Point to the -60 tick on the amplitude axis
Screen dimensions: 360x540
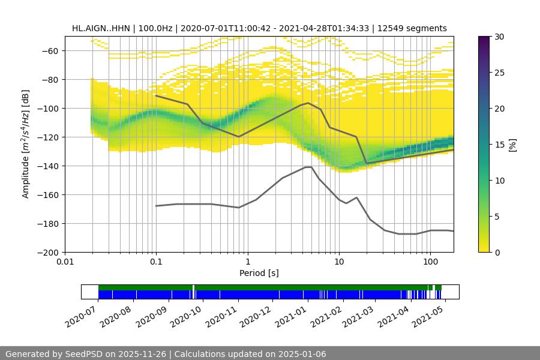pos(50,51)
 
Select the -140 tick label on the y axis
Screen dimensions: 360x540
pos(48,166)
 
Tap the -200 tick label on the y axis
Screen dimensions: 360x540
pos(48,253)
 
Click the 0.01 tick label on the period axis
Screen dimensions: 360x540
pos(65,262)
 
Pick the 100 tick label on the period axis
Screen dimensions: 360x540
pos(430,262)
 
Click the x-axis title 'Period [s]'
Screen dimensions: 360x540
pos(259,273)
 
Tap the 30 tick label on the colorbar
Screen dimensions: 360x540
pos(500,37)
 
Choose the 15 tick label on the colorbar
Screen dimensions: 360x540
pos(500,145)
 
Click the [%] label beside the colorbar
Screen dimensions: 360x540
pos(512,145)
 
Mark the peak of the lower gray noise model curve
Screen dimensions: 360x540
pos(308,167)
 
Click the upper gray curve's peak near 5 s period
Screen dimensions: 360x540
pos(308,103)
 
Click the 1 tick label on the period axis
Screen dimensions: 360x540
pos(247,262)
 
